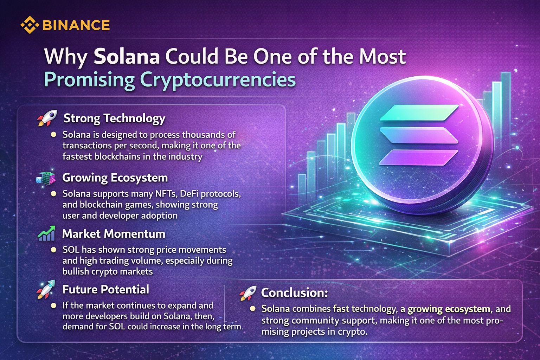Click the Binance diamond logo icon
click(30, 25)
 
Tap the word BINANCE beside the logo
click(76, 25)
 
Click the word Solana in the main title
click(127, 56)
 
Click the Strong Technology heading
click(114, 118)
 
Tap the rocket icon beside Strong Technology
click(47, 118)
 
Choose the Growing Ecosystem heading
click(115, 178)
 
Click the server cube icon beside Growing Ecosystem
click(46, 179)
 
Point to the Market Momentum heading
click(114, 234)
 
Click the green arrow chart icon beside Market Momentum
click(46, 233)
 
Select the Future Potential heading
click(105, 289)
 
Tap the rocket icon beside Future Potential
click(46, 289)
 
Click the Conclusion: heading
click(295, 293)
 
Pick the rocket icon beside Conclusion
click(248, 293)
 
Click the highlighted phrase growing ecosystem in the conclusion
click(449, 309)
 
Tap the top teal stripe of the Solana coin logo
click(419, 113)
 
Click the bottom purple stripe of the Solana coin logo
click(418, 157)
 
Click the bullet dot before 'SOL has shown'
click(53, 250)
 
